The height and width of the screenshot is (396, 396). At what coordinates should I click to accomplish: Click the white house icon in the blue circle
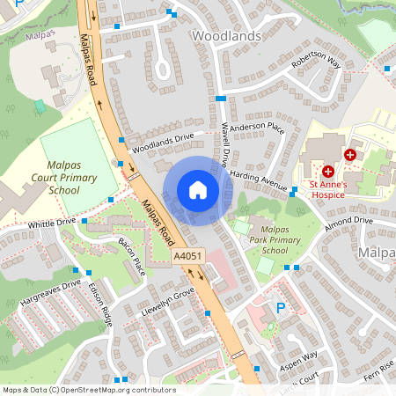197,189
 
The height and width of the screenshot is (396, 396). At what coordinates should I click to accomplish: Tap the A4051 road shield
187,256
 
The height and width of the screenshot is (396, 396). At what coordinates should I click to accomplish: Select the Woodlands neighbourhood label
226,36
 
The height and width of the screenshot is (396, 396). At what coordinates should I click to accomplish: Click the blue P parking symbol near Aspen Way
281,308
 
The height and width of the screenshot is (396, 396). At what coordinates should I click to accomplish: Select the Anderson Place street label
257,128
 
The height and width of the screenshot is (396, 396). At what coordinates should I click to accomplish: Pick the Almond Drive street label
348,224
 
